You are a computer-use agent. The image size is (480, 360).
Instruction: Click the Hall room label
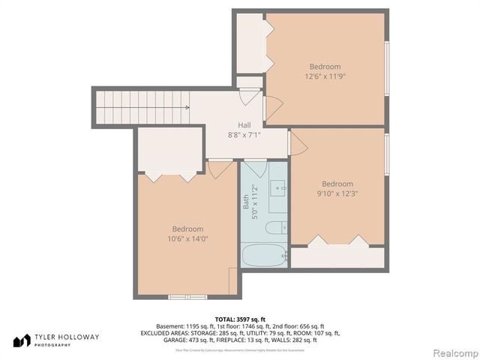click(244, 125)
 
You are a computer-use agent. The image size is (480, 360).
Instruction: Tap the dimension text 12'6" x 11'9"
click(325, 76)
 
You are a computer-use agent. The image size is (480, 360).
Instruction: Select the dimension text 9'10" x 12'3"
click(337, 194)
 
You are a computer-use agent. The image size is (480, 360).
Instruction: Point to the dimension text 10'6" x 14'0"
click(187, 238)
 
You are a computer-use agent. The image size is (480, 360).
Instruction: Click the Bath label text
click(245, 202)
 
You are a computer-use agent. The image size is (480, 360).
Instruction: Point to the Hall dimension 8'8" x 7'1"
click(244, 135)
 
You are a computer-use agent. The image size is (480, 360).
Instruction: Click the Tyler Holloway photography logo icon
click(20, 340)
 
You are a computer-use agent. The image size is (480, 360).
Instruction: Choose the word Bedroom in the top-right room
click(325, 66)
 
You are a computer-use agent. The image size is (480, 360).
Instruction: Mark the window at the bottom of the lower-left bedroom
click(187, 295)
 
